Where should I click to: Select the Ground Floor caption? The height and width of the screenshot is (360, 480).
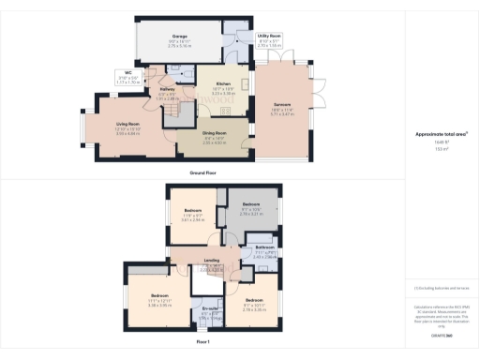[x=203, y=173]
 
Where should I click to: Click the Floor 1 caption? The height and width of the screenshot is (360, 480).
[x=202, y=343]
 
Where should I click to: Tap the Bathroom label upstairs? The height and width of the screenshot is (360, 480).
[x=265, y=247]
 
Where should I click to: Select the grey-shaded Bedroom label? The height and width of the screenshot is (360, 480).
[x=251, y=203]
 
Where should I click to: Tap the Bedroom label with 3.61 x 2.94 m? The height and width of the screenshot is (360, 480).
[x=191, y=211]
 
